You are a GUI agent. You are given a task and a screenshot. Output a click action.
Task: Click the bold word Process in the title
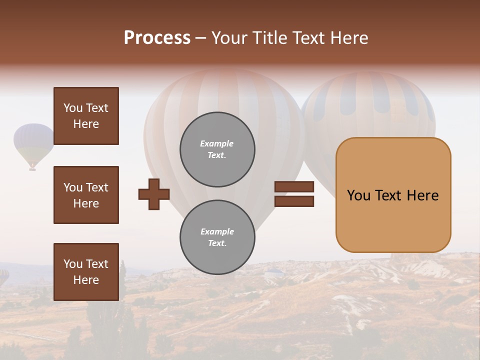tap(157, 38)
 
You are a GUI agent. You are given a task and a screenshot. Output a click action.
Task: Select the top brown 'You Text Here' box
tap(86, 116)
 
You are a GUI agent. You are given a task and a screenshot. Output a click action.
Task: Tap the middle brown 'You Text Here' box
tap(86, 195)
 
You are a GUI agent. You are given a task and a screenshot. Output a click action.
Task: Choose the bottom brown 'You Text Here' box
tap(86, 272)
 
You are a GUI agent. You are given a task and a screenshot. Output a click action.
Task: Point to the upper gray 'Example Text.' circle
tap(217, 149)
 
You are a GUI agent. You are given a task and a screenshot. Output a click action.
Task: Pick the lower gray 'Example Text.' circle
tap(217, 237)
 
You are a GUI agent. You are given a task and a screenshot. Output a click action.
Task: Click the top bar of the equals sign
tap(294, 187)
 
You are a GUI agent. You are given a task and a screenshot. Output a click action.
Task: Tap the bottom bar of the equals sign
tap(294, 201)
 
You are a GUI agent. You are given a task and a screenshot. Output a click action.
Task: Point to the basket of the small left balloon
tap(32, 169)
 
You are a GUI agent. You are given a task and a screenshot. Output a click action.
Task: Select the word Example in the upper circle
tap(217, 144)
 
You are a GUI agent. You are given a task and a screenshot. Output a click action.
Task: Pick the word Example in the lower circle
tap(217, 232)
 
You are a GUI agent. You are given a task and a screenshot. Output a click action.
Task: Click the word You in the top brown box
tap(72, 108)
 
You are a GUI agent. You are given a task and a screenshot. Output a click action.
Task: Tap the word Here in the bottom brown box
tap(86, 280)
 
